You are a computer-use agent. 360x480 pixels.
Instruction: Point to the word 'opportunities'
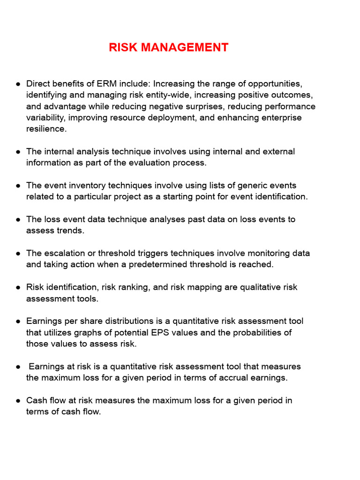(x=275, y=84)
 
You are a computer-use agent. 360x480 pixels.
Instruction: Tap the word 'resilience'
(x=46, y=129)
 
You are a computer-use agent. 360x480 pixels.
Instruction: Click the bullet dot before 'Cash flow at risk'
(x=18, y=400)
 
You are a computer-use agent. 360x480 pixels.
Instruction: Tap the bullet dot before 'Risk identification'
(x=18, y=287)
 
